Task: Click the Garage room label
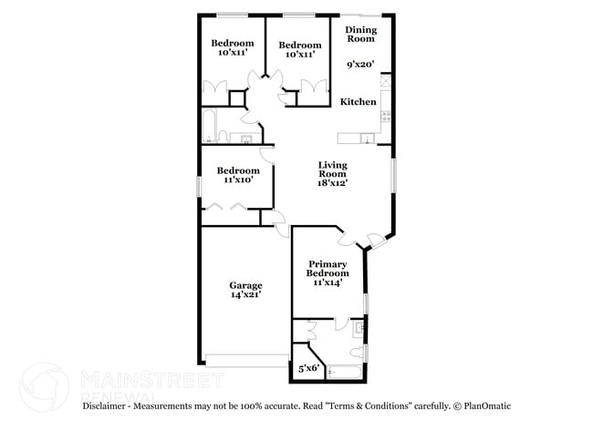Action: click(x=245, y=285)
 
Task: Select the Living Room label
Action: click(x=332, y=169)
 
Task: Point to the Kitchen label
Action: click(x=359, y=102)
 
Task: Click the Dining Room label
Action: click(x=360, y=34)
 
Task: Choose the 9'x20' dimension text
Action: click(x=361, y=65)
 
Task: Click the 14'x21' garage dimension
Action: click(x=245, y=295)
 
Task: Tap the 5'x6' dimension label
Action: click(x=308, y=369)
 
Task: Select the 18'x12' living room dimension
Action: click(x=332, y=183)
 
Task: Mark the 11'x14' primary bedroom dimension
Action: click(x=327, y=282)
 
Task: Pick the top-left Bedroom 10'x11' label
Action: click(x=233, y=48)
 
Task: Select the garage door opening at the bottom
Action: click(x=247, y=358)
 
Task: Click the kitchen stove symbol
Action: click(x=387, y=117)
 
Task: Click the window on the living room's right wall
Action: click(x=394, y=175)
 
